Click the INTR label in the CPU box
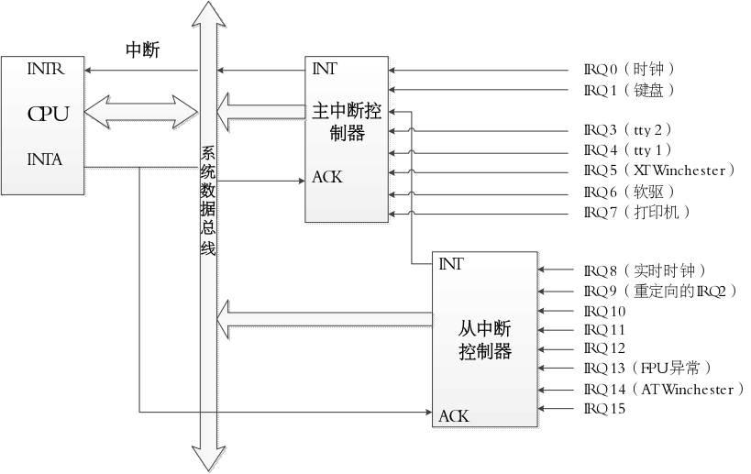[x=44, y=69]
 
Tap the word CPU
[x=48, y=114]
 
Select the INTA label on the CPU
[x=44, y=160]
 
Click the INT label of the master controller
[x=324, y=69]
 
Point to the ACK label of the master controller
[x=326, y=177]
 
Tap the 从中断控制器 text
[x=484, y=340]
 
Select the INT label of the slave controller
[x=450, y=265]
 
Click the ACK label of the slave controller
[x=453, y=416]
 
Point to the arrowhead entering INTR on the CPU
[x=90, y=70]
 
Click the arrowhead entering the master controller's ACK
[x=300, y=181]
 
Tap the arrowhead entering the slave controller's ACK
[x=428, y=413]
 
